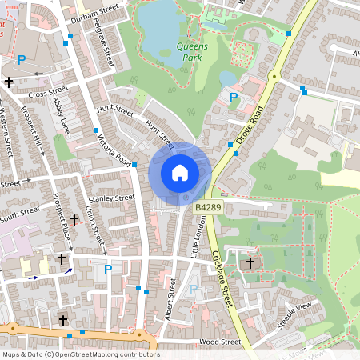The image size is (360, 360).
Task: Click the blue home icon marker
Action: point(179,172)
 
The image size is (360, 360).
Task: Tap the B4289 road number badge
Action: point(208,207)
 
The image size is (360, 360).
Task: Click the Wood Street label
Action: point(220,342)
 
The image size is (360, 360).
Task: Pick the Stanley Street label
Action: point(112,198)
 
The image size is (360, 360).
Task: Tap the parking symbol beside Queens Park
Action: point(234,97)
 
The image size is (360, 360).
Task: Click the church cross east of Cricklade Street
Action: point(250,262)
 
